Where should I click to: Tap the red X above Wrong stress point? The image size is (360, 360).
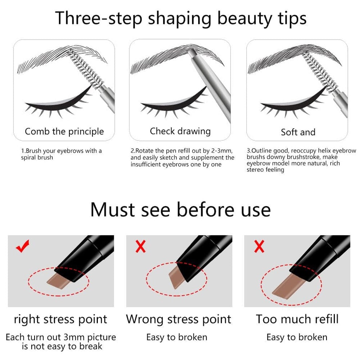(x=140, y=247)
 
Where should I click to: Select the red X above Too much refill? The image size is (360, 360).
(x=259, y=247)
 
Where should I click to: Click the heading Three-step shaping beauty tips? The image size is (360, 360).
(x=180, y=18)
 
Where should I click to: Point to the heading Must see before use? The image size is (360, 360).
(x=180, y=209)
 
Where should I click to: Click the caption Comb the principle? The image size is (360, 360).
(x=64, y=131)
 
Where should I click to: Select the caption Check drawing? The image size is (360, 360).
(x=180, y=131)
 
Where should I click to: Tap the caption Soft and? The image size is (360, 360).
(x=298, y=132)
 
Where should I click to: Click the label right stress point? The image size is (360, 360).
(x=60, y=319)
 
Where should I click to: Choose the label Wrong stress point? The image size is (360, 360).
(x=179, y=319)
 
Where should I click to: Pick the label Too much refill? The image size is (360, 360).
(x=297, y=319)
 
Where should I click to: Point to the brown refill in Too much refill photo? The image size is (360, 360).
(x=285, y=284)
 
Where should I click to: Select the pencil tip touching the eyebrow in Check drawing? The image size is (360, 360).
(x=192, y=53)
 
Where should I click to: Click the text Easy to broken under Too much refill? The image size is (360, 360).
(x=297, y=337)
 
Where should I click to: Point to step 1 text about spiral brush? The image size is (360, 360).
(x=61, y=154)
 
